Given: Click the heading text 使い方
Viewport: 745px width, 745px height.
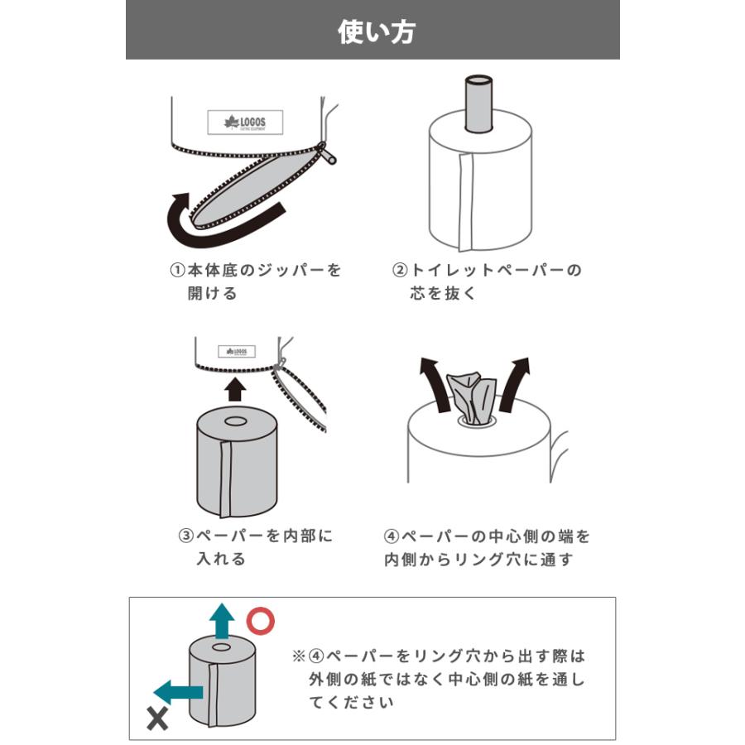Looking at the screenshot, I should tap(377, 31).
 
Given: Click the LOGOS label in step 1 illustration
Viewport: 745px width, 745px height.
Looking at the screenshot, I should tap(244, 123).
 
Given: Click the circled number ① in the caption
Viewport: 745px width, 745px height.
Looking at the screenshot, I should tap(176, 271).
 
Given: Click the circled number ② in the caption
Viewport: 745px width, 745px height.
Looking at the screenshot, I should tap(400, 271).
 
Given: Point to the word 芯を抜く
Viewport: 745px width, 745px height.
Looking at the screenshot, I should tap(444, 294).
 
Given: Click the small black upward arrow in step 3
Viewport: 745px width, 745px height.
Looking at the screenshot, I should tap(236, 388).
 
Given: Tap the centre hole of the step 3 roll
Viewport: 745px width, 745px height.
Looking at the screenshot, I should tap(236, 421).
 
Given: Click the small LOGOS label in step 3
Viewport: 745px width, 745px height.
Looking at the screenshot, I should tap(237, 351).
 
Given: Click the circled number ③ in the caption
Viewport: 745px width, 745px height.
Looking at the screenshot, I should tap(186, 536).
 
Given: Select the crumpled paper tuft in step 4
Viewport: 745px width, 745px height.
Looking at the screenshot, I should tap(471, 398).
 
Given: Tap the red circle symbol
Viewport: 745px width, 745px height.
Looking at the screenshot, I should tap(262, 620).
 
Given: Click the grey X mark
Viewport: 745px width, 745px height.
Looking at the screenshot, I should tap(157, 719).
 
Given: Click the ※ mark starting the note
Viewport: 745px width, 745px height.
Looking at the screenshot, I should tap(298, 656).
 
